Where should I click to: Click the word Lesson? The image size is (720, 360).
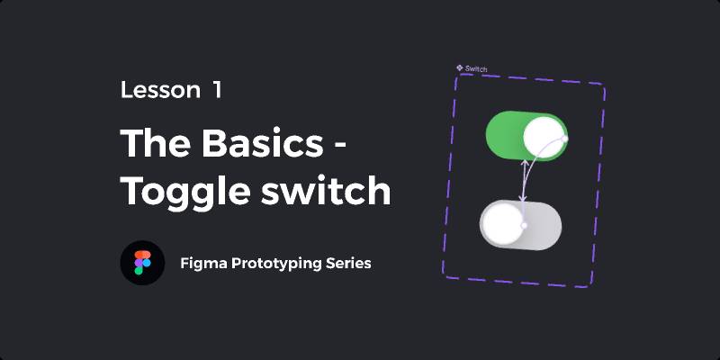160,90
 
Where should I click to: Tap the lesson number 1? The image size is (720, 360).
217,90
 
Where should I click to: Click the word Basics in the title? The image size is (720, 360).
263,143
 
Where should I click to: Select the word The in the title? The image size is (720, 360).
156,143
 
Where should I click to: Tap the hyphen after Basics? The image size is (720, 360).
338,147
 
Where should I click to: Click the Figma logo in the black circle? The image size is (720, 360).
142,263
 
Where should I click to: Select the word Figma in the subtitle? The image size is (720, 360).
203,264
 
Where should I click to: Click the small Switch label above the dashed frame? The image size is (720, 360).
476,69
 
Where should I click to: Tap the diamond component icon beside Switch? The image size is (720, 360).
460,67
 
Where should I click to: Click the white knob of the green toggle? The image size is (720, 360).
544,137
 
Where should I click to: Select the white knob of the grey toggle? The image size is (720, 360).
502,223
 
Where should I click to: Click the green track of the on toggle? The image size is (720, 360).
504,134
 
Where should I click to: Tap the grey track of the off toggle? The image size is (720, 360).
543,227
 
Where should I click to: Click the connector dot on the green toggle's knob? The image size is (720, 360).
565,139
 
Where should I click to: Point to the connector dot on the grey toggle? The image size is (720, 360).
524,226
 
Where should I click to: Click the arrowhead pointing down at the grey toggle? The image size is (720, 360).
523,198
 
